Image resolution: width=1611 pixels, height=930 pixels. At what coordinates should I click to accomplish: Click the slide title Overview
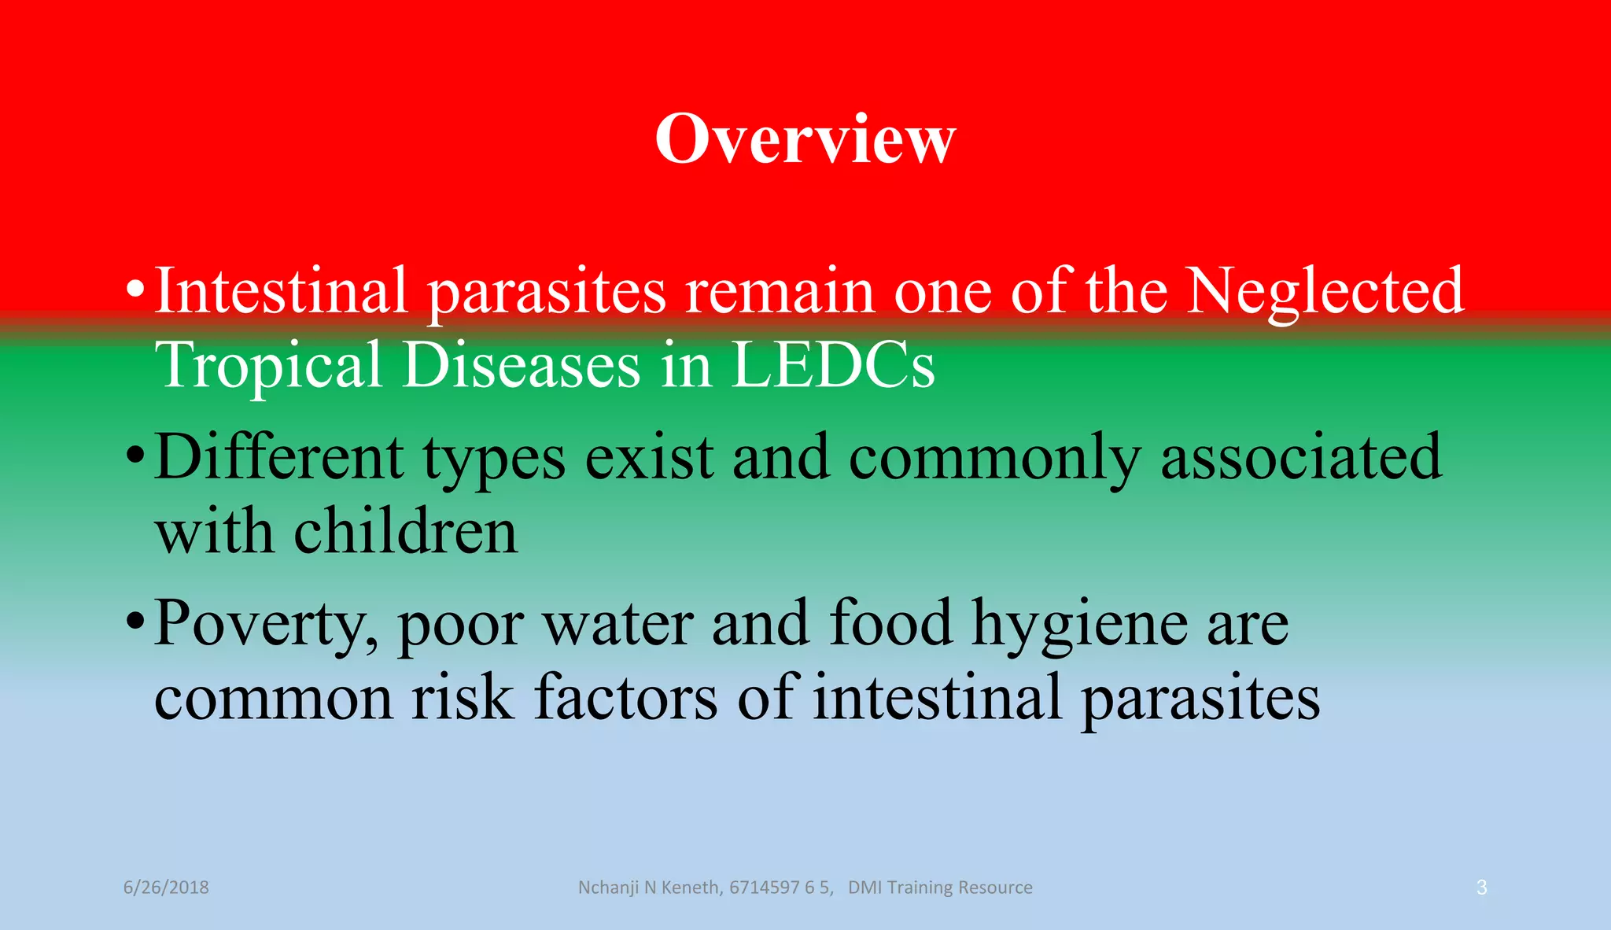point(805,139)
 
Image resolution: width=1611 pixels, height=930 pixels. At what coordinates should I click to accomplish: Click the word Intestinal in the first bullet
point(281,291)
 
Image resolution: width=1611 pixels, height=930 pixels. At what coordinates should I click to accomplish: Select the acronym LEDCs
point(832,365)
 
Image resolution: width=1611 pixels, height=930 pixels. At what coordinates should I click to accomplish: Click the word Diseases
point(522,365)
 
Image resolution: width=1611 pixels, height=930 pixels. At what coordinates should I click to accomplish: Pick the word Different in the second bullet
point(279,458)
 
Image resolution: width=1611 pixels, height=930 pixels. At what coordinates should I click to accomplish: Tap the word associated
point(1301,458)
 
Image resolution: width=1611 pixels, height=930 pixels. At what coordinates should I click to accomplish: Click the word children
point(405,532)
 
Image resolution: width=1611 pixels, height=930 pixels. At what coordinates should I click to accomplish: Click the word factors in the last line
point(625,697)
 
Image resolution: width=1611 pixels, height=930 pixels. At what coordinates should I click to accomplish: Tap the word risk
point(463,697)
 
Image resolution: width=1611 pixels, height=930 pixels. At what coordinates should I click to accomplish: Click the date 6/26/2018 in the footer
point(166,888)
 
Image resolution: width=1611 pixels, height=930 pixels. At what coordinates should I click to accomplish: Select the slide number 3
point(1481,888)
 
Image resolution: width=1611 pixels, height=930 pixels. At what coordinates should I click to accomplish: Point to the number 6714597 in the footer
point(764,888)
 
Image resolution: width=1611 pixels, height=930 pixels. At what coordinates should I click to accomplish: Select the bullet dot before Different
point(135,455)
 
